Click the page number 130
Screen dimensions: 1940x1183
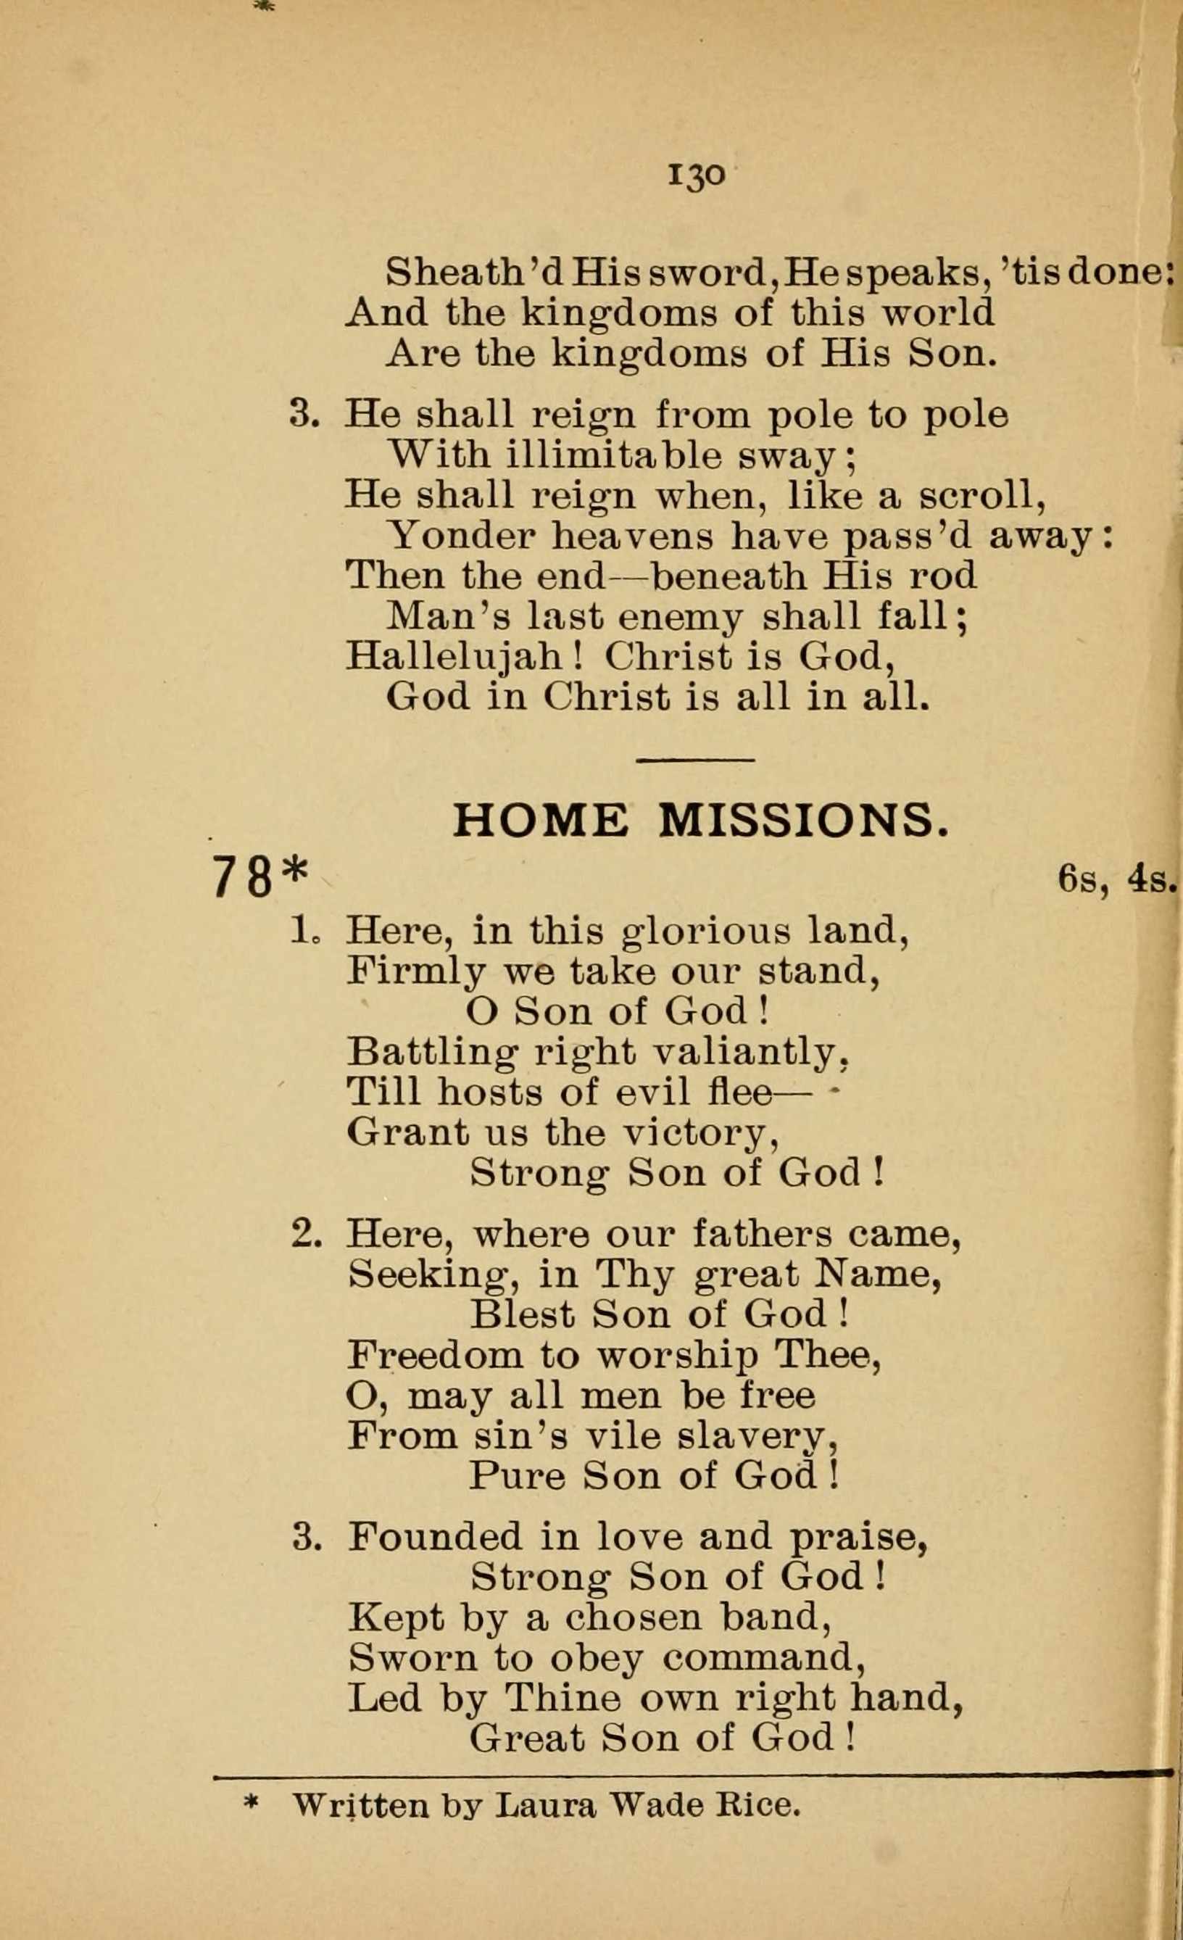(695, 175)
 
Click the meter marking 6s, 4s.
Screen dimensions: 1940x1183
(1116, 879)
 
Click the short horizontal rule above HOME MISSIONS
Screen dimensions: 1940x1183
(695, 760)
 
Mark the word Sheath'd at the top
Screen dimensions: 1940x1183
(476, 273)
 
